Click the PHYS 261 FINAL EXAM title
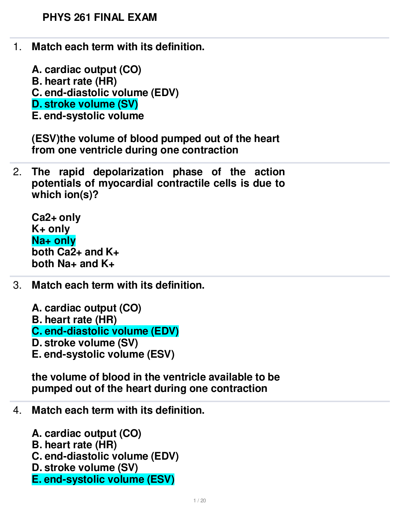[99, 17]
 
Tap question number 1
[17, 47]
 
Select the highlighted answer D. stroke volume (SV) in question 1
[85, 104]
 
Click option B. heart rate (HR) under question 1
[74, 81]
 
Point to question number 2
[17, 172]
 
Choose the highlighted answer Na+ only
[54, 240]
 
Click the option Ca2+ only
[56, 218]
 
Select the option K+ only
[51, 229]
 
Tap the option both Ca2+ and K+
[75, 252]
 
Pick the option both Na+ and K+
[73, 264]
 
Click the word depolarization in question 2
[128, 172]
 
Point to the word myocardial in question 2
[126, 183]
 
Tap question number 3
[17, 285]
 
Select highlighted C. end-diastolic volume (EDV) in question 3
[105, 331]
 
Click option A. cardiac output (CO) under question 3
[86, 308]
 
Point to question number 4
[17, 410]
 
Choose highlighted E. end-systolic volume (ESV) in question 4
[103, 479]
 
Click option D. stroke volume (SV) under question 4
[85, 468]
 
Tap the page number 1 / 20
[199, 501]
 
